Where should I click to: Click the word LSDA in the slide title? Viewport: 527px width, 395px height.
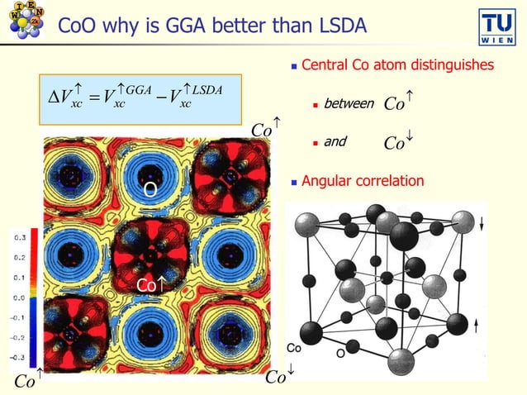(335, 26)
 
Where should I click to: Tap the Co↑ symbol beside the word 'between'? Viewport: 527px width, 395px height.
(400, 104)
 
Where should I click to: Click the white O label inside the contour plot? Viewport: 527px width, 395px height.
(150, 191)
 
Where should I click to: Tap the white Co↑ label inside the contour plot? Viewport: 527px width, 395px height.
(152, 285)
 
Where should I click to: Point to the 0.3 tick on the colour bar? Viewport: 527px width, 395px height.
(17, 237)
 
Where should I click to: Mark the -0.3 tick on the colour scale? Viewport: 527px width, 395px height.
(16, 357)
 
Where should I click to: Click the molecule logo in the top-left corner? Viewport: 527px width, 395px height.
(26, 21)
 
